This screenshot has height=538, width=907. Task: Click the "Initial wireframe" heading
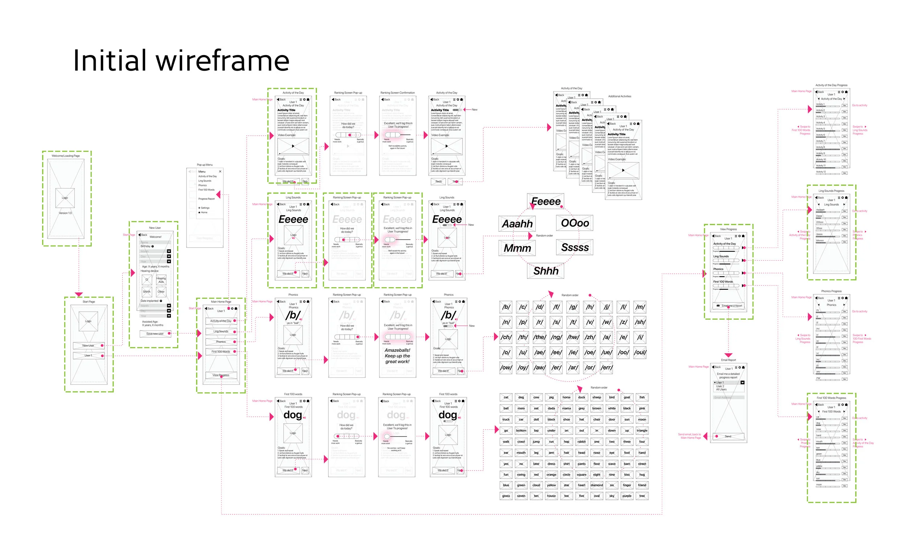[181, 61]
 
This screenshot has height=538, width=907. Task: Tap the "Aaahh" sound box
[517, 224]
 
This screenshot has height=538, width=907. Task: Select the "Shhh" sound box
[545, 271]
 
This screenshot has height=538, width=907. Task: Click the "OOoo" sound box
[575, 223]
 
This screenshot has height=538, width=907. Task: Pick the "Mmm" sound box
[517, 248]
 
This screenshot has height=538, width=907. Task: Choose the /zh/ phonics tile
[590, 337]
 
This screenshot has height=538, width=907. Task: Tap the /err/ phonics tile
[606, 367]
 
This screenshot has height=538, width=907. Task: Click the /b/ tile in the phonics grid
[506, 307]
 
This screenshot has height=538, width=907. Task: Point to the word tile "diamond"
[596, 485]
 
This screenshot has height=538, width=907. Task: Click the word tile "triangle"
[642, 431]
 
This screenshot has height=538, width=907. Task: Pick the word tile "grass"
[506, 496]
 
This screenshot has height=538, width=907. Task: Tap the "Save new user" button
[155, 334]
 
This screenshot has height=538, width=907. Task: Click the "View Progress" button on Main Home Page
[221, 375]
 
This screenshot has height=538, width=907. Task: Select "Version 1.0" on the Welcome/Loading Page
[65, 213]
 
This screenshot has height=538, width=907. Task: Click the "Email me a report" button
[729, 306]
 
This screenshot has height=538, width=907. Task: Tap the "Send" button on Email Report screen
[728, 436]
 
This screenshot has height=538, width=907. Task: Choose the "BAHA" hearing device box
[147, 291]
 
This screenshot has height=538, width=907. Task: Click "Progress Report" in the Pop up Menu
[206, 199]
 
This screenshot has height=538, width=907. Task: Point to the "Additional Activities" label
[620, 96]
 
